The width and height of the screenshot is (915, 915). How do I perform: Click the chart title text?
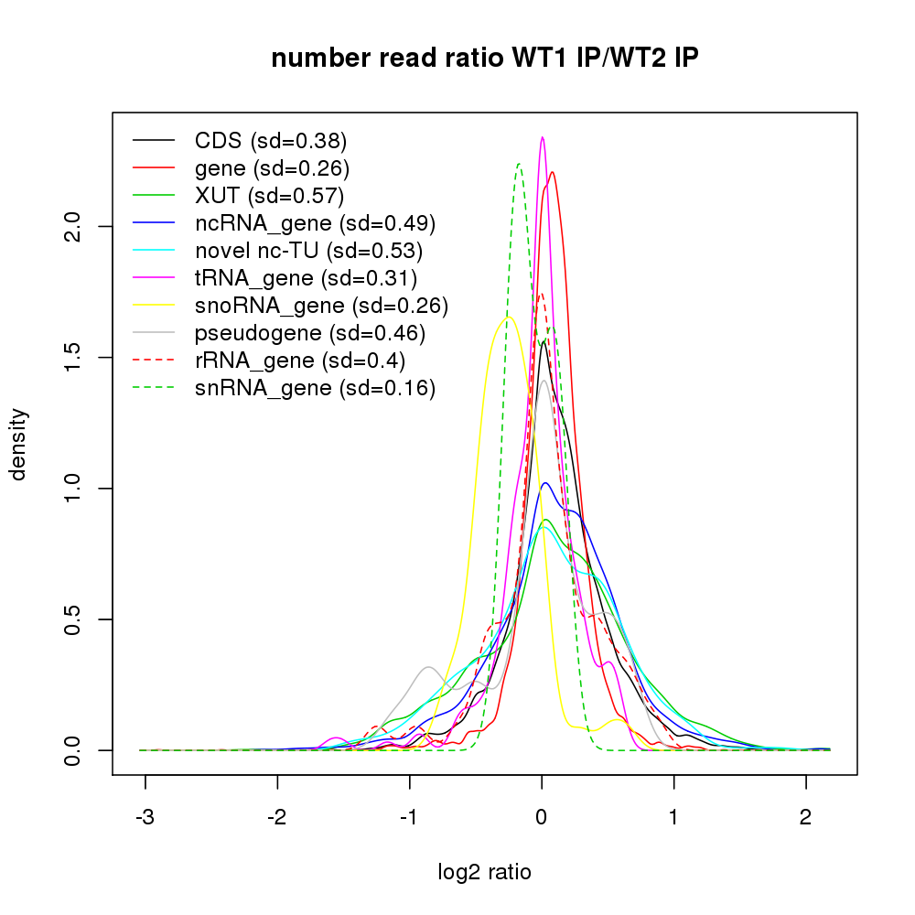[485, 59]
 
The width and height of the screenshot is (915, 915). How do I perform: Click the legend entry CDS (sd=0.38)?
[271, 141]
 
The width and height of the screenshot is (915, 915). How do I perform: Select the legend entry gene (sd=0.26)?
[272, 168]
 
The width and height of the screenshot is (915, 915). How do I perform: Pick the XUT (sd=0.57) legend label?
[269, 196]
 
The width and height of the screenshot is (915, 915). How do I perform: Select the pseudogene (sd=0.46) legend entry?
[310, 333]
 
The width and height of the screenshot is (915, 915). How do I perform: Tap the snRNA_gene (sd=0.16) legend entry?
[315, 388]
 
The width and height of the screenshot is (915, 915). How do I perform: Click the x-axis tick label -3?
[145, 816]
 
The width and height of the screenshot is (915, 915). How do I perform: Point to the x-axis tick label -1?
[409, 816]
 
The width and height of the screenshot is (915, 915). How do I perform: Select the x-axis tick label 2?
[805, 816]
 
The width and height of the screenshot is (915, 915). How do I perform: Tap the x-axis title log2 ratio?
[485, 872]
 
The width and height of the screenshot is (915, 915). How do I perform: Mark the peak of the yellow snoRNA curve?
[508, 317]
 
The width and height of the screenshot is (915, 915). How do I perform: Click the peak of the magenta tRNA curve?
[543, 137]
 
